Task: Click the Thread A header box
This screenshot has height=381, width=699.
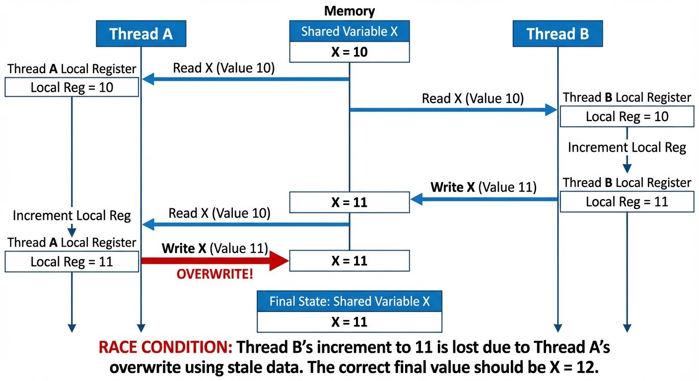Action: (141, 34)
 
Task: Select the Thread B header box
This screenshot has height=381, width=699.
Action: (558, 34)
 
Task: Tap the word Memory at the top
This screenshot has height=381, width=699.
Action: (349, 11)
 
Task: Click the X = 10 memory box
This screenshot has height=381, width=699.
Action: (349, 52)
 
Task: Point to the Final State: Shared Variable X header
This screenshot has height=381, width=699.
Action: (349, 301)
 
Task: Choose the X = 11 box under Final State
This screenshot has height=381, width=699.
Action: (349, 322)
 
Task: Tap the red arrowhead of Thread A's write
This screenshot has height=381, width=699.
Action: (279, 261)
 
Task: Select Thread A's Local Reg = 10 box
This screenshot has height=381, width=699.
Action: (72, 88)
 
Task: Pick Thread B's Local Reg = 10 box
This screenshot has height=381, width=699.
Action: (627, 117)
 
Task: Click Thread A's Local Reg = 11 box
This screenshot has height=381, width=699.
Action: (72, 261)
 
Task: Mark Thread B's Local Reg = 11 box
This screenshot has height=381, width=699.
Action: (627, 202)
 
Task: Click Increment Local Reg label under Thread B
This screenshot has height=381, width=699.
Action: (627, 147)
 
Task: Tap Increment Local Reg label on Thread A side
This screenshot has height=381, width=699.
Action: (72, 216)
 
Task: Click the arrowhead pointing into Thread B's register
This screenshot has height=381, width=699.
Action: (551, 110)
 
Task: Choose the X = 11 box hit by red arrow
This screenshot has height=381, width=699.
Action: (349, 261)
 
